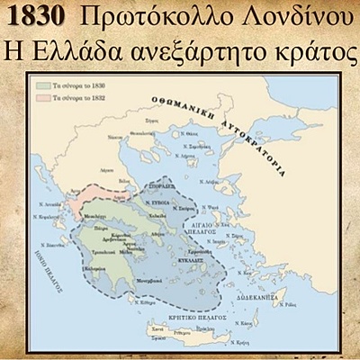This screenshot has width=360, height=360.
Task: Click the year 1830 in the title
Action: pyautogui.click(x=36, y=16)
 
